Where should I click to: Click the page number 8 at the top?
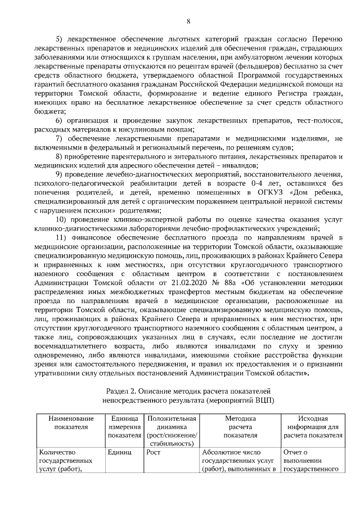[x=188, y=21]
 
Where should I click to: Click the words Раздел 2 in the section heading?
[x=124, y=390]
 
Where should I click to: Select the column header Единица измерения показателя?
[x=124, y=427]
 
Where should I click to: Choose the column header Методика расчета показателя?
[x=240, y=427]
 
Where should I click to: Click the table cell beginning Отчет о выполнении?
[x=311, y=461]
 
